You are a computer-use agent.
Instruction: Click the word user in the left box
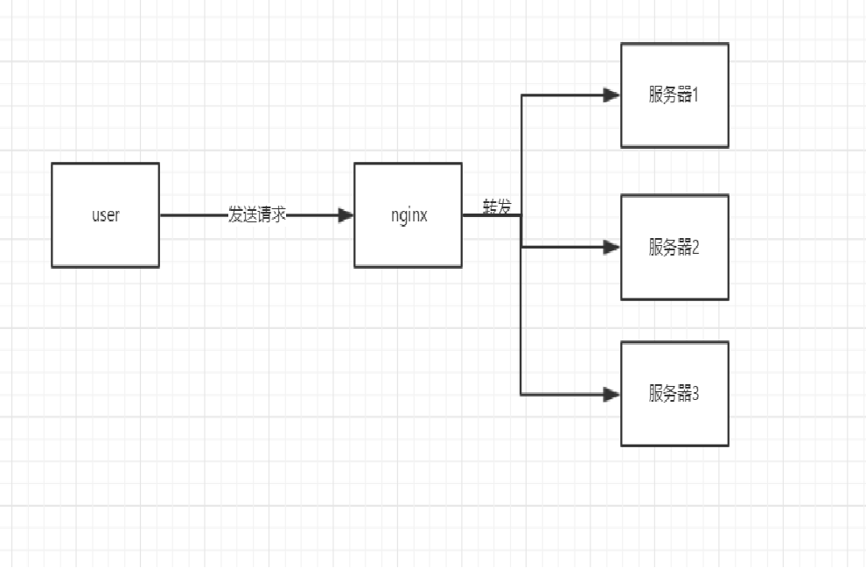point(105,215)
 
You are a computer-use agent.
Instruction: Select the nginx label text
point(409,215)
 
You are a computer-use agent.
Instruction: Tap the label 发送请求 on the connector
point(256,215)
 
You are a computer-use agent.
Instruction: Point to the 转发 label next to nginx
point(497,207)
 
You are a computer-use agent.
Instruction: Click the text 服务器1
point(674,95)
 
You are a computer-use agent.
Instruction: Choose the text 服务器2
point(674,248)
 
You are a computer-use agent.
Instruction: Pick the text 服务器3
point(674,394)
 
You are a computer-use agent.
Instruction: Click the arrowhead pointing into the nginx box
point(346,215)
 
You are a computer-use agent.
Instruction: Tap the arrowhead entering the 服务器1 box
point(612,95)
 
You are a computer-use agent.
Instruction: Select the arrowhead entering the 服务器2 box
point(612,248)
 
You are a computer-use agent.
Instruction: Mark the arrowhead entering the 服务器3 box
point(612,394)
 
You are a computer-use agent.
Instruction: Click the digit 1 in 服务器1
point(696,95)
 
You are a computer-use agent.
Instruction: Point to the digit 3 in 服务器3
point(696,394)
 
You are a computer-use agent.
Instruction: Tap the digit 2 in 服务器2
point(696,248)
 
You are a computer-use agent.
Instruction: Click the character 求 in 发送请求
point(279,215)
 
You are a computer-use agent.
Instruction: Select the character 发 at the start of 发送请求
point(235,215)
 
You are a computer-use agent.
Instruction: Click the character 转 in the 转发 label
point(490,207)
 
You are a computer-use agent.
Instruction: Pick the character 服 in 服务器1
point(656,95)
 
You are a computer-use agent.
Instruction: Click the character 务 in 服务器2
point(671,248)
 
